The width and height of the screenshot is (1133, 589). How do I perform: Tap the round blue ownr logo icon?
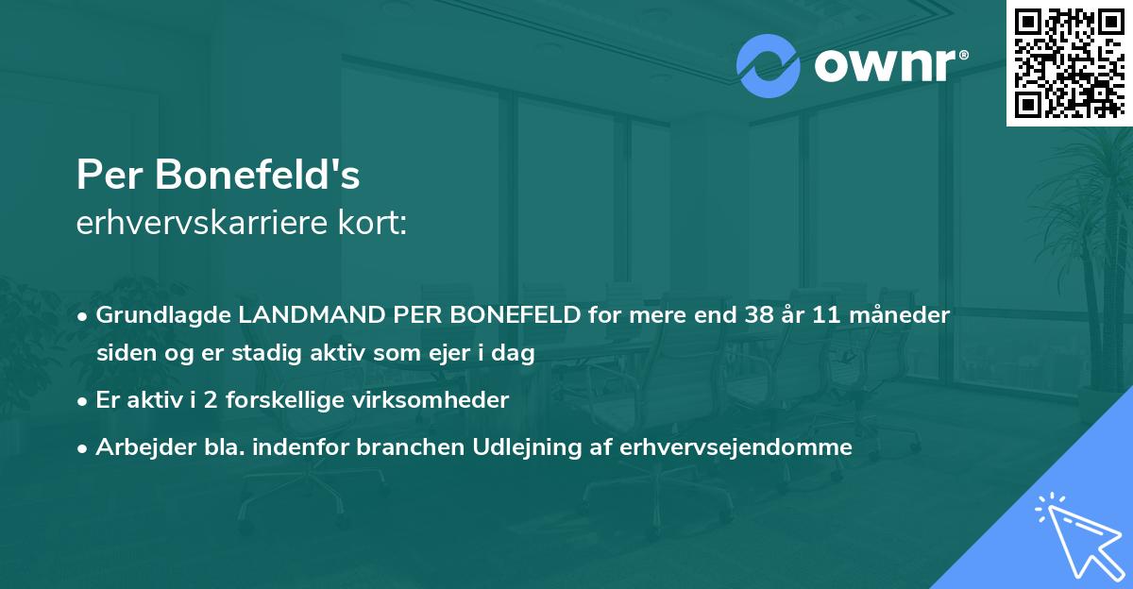[769, 66]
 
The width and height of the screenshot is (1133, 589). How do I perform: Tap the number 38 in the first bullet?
[757, 314]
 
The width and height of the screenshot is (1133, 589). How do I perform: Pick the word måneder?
[905, 314]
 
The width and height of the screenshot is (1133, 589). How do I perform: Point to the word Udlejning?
[521, 446]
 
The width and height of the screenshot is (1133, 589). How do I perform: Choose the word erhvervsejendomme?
[736, 446]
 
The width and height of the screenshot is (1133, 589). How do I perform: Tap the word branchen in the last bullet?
[417, 446]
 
